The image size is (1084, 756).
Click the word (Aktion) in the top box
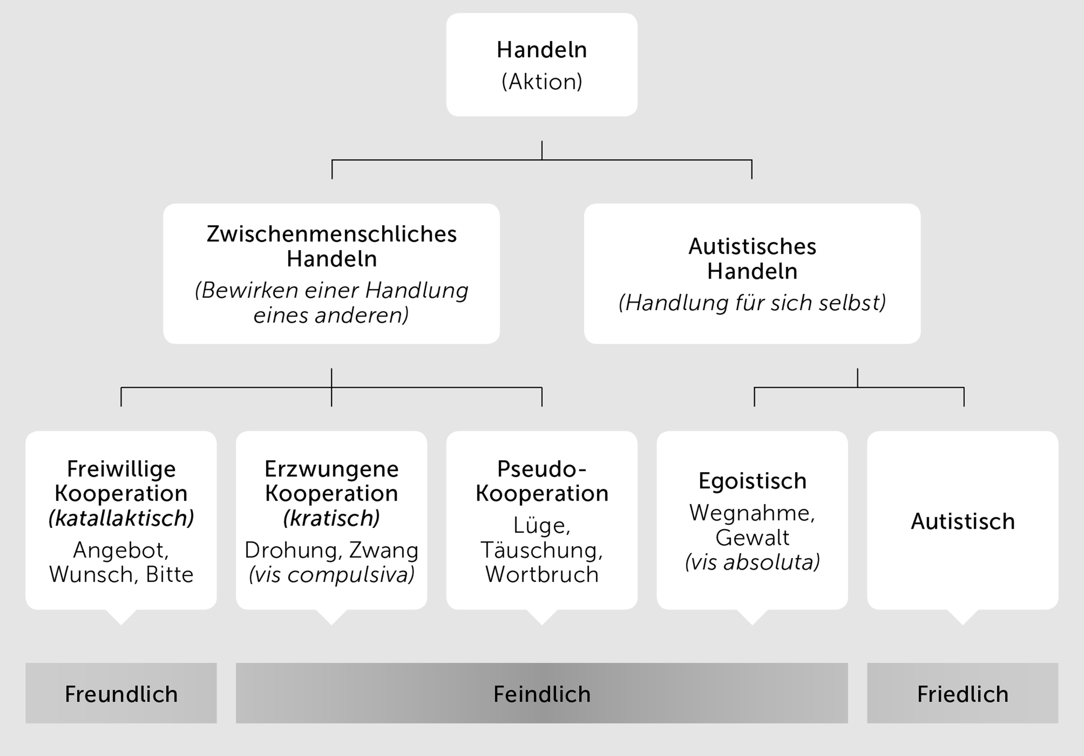point(542,81)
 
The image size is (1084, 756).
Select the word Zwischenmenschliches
point(331,234)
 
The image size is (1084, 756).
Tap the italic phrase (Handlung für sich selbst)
point(752,303)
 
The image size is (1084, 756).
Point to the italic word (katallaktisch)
point(121,518)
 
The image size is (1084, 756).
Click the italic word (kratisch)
point(331,518)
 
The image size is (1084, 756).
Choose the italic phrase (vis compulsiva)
point(331,574)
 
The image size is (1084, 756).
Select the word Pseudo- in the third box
point(542,469)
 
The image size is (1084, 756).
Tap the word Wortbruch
point(542,574)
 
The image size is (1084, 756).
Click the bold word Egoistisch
point(752,481)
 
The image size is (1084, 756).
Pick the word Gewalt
point(752,538)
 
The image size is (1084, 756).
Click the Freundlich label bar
point(121,694)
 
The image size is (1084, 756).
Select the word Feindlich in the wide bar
point(542,694)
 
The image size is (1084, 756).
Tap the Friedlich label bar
point(962,694)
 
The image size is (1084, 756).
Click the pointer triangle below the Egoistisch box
point(752,617)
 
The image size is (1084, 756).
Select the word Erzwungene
point(331,469)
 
